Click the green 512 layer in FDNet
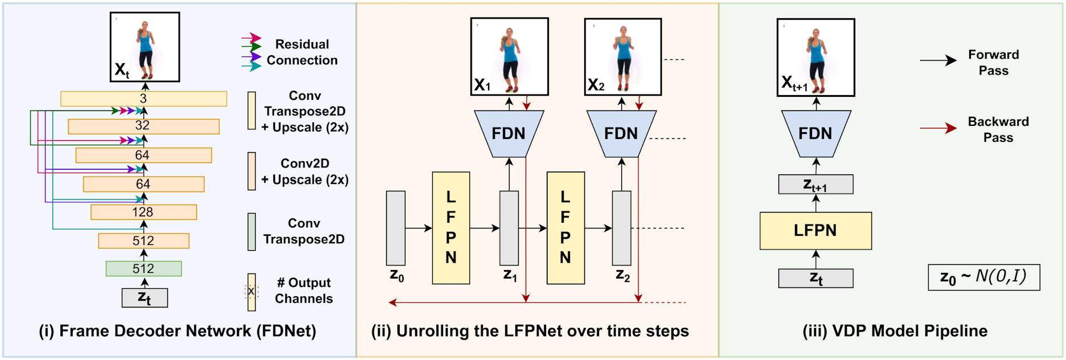[x=143, y=268]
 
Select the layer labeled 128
[x=143, y=212]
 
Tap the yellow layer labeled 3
[x=143, y=99]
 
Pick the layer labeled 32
[x=143, y=126]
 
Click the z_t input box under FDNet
[x=145, y=297]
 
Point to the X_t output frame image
[x=145, y=47]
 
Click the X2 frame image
[x=623, y=56]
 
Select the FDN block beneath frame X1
[x=509, y=134]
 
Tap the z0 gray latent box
[x=396, y=228]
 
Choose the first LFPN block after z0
[x=451, y=228]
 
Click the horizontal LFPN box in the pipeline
[x=815, y=231]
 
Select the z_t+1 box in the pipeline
[x=815, y=185]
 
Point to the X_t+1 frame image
[x=815, y=57]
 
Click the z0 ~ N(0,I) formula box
[x=983, y=277]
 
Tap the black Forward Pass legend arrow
[x=938, y=60]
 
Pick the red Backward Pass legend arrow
[x=938, y=128]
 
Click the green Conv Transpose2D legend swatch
[x=252, y=232]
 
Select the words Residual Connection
[x=302, y=52]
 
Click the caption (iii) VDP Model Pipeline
[x=895, y=331]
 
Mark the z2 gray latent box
[x=621, y=228]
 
